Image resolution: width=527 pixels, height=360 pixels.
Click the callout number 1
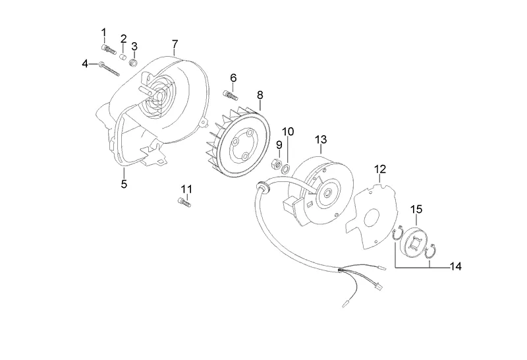click(103, 32)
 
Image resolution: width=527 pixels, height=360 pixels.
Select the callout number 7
click(175, 44)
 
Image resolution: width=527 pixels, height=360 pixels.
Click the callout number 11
click(186, 189)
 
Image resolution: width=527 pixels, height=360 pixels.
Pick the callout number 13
click(321, 140)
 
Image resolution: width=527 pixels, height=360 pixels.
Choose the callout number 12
click(380, 169)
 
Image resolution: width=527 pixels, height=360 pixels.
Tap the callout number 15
click(416, 210)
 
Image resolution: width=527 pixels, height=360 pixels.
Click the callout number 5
click(124, 184)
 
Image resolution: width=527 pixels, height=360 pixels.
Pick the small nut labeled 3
click(133, 63)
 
